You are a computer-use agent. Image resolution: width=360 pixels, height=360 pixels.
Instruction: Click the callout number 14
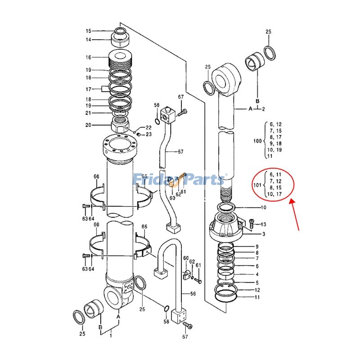click(89, 40)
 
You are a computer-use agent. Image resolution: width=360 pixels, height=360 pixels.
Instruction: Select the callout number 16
click(89, 57)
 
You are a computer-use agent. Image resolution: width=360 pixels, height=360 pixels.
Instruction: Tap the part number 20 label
click(89, 125)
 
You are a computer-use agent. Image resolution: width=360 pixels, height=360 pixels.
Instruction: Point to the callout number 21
click(89, 113)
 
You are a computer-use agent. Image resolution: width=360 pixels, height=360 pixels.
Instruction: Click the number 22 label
click(148, 128)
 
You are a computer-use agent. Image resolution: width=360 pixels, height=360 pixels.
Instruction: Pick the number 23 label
click(148, 135)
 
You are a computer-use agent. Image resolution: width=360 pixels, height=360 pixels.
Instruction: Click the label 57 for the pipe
click(180, 152)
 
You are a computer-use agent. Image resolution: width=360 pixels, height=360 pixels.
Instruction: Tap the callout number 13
click(264, 224)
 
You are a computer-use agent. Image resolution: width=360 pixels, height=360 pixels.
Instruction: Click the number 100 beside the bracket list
click(257, 141)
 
